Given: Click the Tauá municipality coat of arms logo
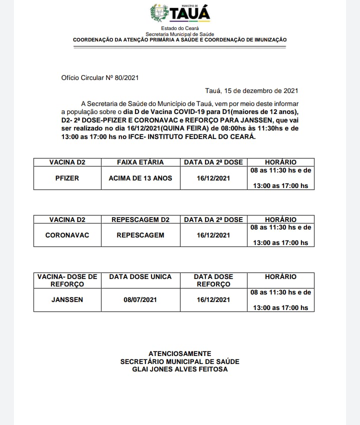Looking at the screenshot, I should [160, 13].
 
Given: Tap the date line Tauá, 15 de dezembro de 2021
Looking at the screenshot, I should [251, 91].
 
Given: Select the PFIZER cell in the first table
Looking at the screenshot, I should [67, 178].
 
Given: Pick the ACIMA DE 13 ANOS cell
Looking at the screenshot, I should [140, 178].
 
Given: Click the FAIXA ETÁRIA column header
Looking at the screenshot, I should [140, 162].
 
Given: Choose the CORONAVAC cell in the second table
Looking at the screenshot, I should [67, 235].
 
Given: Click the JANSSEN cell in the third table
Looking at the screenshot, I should [67, 300].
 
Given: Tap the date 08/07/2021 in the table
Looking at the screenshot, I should [140, 300].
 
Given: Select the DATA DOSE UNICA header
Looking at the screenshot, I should [140, 276].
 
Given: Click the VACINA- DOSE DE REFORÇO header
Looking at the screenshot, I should [67, 280].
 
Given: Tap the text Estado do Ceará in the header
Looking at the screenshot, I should [179, 28].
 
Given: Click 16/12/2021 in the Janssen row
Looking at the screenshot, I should [213, 300].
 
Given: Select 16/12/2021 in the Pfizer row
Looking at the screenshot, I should [213, 178].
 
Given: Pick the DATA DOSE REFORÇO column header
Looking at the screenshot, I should [213, 280].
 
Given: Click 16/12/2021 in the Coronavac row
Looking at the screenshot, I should [213, 235].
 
